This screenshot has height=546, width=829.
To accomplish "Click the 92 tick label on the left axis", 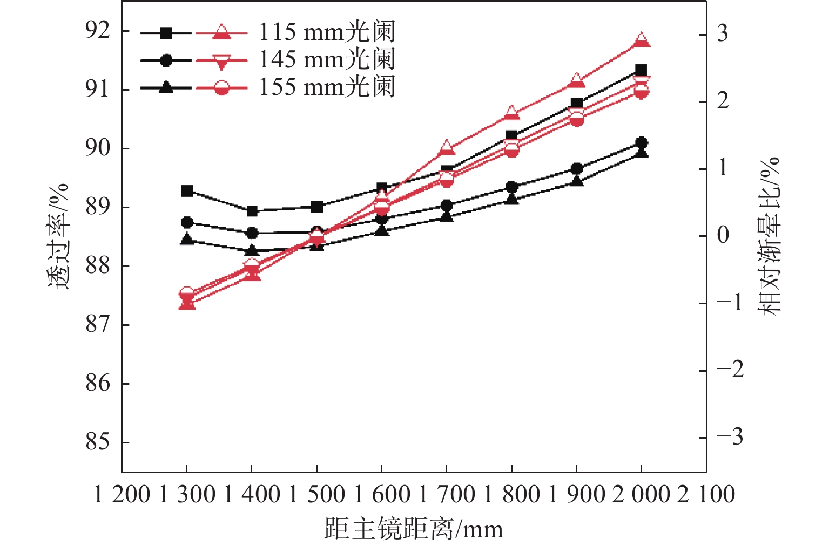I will [98, 31].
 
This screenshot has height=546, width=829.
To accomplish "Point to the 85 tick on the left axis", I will [98, 442].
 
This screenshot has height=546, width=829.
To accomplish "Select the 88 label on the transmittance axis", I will [98, 266].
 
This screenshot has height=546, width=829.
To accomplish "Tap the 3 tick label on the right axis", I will [722, 34].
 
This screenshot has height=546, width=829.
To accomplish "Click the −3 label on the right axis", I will [730, 437].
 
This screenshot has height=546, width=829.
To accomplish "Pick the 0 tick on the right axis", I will [723, 236].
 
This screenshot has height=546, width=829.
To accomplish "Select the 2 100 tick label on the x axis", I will [706, 494].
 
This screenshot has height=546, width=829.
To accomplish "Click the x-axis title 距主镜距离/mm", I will [414, 529].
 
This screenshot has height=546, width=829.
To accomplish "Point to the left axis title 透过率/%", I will [58, 236].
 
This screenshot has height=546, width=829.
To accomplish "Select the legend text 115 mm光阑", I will [327, 32].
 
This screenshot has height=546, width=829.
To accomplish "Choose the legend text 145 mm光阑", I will [327, 59].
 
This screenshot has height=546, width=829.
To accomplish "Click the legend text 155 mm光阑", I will [327, 87].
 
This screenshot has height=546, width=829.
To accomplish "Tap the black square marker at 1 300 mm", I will [187, 190].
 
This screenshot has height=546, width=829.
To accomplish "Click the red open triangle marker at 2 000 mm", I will [641, 40].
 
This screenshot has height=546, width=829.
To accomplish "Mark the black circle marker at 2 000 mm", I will [641, 142].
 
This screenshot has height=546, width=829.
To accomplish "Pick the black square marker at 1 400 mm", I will [252, 211].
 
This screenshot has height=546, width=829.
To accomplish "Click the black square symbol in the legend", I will [166, 33].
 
